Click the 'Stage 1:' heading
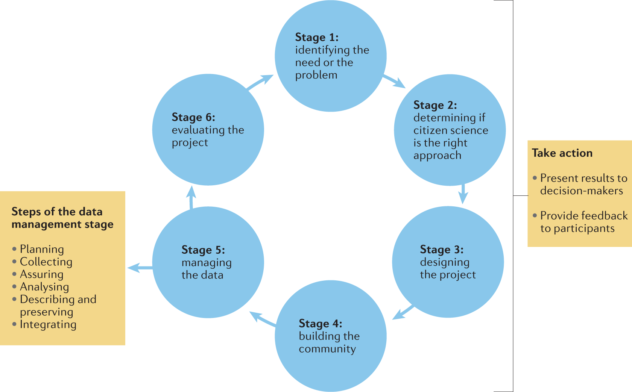[x=317, y=37]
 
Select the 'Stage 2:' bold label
[x=435, y=105]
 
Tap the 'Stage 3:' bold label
[x=442, y=249]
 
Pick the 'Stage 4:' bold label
[x=321, y=323]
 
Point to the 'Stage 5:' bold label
[x=203, y=250]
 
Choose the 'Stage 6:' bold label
[x=193, y=117]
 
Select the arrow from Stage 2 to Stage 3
[x=463, y=193]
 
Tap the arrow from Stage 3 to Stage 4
[x=403, y=312]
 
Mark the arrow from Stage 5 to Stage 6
[x=191, y=197]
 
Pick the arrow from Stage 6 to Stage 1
[x=260, y=82]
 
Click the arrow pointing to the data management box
[x=140, y=268]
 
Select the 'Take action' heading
[x=562, y=153]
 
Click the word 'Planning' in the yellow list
[x=42, y=249]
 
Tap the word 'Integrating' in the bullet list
[x=48, y=324]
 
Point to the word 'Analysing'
[x=44, y=287]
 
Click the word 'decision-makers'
[x=582, y=191]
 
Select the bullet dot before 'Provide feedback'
[x=535, y=215]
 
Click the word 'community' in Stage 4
[x=327, y=349]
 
